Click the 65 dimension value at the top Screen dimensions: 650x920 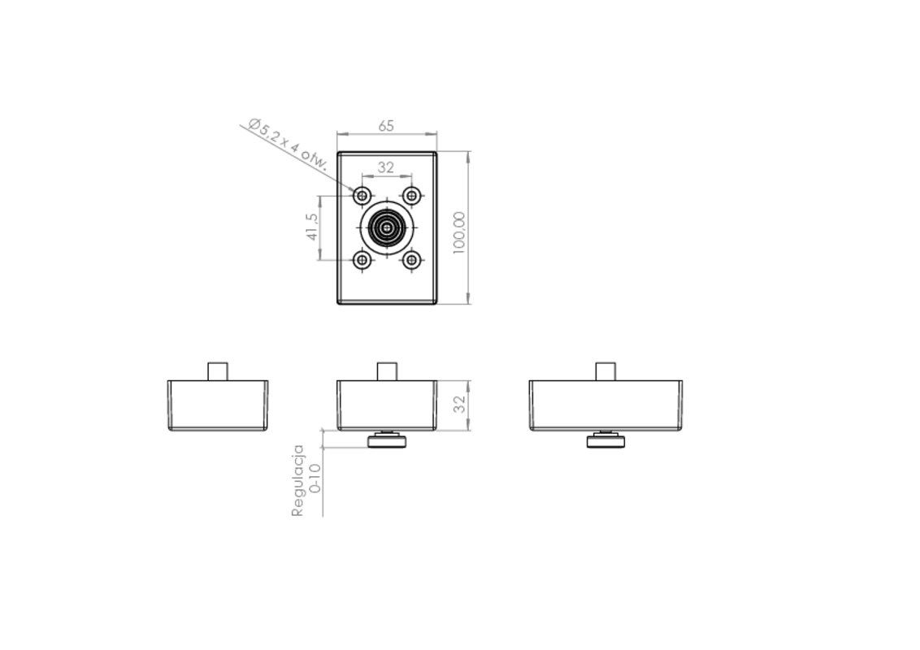pyautogui.click(x=386, y=126)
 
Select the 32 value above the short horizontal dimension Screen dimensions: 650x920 pyautogui.click(x=386, y=167)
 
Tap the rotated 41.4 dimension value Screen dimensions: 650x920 pyautogui.click(x=310, y=227)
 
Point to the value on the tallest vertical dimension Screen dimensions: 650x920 pyautogui.click(x=459, y=232)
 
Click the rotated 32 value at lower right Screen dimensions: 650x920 pyautogui.click(x=459, y=404)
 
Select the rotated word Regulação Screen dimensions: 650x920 pyautogui.click(x=298, y=480)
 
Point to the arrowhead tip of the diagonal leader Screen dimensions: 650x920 pyautogui.click(x=355, y=193)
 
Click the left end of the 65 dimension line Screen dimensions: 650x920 pyautogui.click(x=338, y=134)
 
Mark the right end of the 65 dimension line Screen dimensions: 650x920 pyautogui.click(x=436, y=134)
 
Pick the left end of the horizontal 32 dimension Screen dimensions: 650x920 pyautogui.click(x=362, y=176)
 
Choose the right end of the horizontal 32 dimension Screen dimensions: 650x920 pyautogui.click(x=412, y=176)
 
